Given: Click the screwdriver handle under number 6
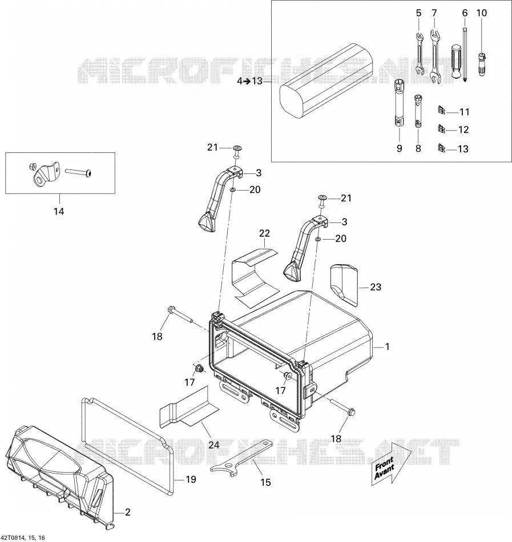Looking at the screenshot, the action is (x=456, y=61).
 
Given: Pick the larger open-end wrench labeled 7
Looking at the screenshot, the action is (x=435, y=57).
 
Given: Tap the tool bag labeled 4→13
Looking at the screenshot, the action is (x=326, y=80).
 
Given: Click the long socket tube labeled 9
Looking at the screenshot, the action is (x=398, y=103).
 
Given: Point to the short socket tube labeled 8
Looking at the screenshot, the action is (x=418, y=111).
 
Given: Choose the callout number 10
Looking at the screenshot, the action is (x=481, y=13).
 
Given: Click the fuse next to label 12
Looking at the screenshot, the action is (x=441, y=129).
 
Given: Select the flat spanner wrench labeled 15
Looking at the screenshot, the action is (x=241, y=456).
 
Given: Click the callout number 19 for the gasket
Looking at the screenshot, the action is (x=191, y=479).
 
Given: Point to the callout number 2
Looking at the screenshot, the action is (x=127, y=512).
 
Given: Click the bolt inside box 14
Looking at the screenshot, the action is (x=78, y=172).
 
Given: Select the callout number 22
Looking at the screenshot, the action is (x=264, y=233).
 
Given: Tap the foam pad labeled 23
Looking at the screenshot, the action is (x=344, y=285).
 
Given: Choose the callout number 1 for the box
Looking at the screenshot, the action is (x=387, y=346).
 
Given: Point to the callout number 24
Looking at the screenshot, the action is (x=213, y=445).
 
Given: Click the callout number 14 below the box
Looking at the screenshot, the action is (x=59, y=211).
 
